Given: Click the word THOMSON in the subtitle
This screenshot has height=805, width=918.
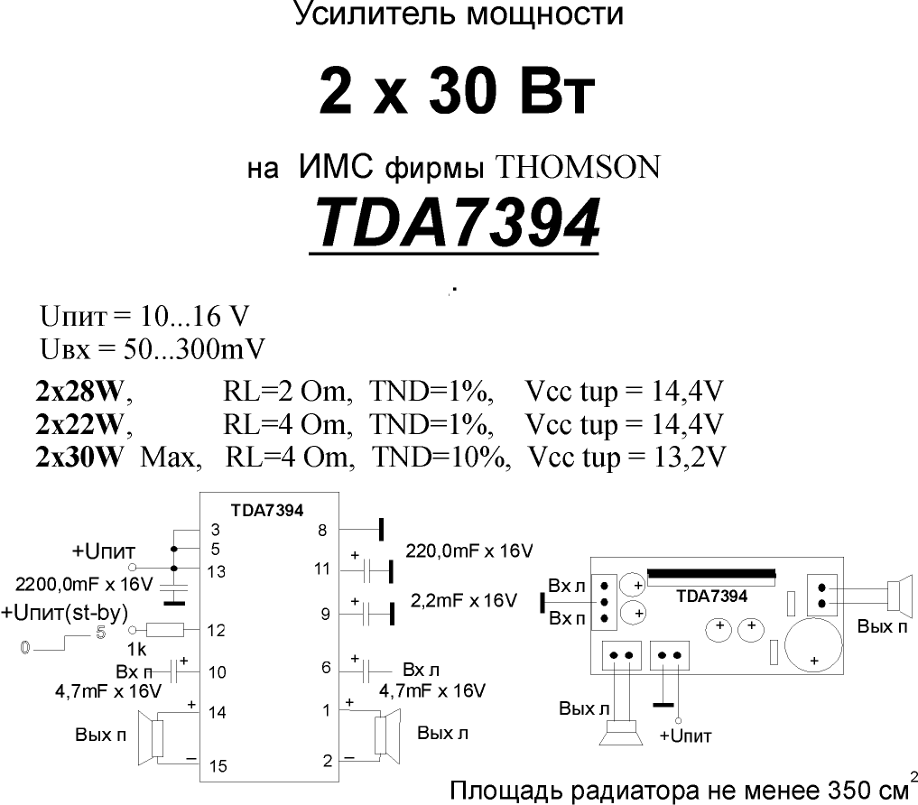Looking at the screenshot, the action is click(578, 168).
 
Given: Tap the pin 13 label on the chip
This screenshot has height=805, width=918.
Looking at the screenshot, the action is click(217, 571).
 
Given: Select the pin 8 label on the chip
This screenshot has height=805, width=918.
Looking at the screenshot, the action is click(322, 531).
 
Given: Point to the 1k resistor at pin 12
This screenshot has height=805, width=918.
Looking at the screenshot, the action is click(164, 630).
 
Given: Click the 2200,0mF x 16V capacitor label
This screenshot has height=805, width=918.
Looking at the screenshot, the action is click(84, 584).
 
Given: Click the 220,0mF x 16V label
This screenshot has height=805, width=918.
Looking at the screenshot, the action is click(469, 551).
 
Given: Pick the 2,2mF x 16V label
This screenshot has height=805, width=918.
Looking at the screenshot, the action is click(464, 601).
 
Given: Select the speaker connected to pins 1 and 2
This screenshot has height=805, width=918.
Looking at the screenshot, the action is click(387, 736).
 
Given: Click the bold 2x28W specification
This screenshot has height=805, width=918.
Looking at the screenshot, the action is click(80, 391).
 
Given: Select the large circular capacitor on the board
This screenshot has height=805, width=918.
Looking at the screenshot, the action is click(813, 645).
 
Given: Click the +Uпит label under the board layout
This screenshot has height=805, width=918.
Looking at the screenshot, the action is click(686, 736).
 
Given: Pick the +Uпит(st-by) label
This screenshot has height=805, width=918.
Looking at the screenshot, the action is click(64, 613).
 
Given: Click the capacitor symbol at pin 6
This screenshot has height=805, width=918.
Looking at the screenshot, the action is click(366, 671).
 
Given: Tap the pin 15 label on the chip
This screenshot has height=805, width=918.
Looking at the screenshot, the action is click(218, 766).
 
